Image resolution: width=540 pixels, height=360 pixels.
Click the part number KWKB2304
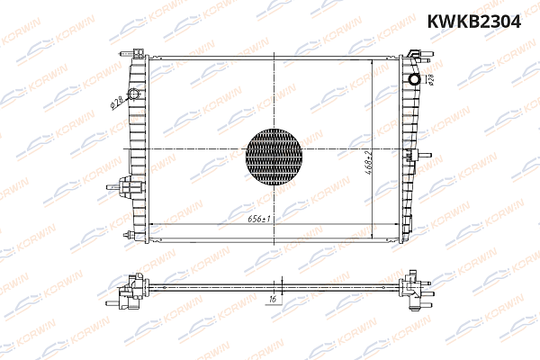[472, 22]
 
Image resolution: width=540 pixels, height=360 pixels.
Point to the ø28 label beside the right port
[430, 80]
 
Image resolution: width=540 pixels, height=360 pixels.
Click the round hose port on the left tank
[134, 94]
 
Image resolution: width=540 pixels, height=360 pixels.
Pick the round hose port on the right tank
[415, 78]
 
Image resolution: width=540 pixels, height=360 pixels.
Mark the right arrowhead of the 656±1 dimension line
[397, 223]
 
